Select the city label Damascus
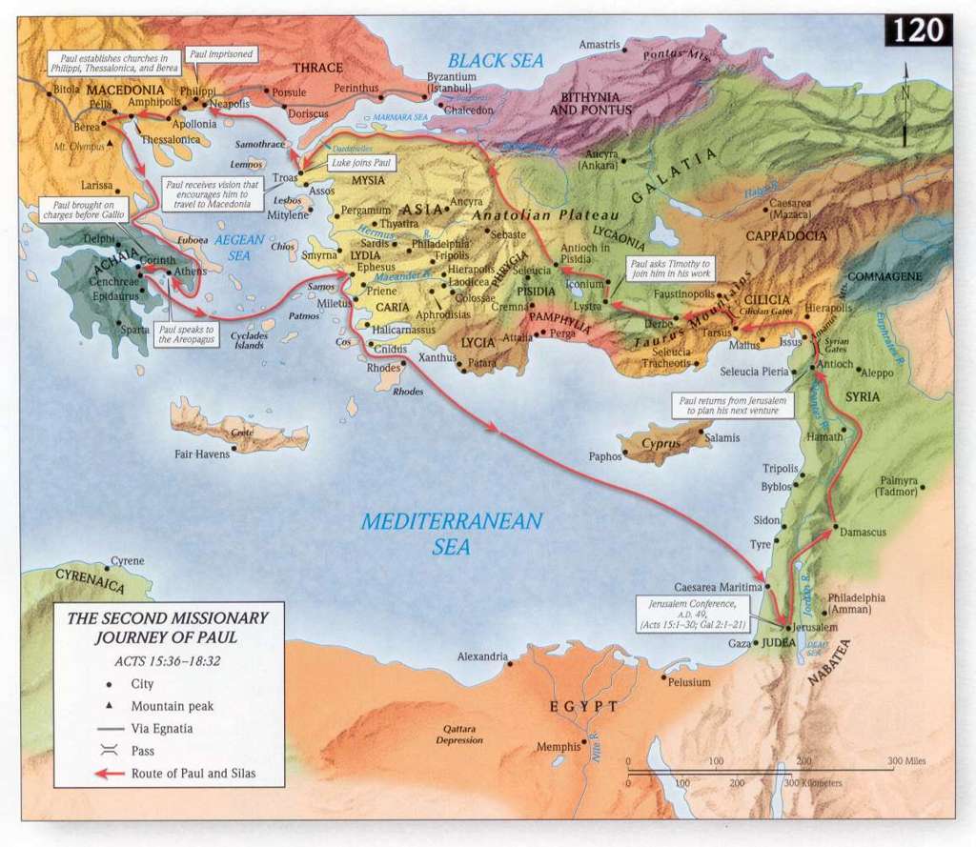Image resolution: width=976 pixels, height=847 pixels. (x=864, y=532)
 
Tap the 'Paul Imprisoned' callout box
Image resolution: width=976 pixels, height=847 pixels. (x=221, y=54)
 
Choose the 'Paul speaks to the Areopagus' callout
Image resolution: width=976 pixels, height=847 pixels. (x=187, y=333)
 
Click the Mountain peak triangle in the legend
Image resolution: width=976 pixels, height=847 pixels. (x=111, y=706)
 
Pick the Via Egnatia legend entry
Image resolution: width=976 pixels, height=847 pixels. (x=162, y=729)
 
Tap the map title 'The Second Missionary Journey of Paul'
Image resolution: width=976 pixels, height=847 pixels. (x=167, y=627)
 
